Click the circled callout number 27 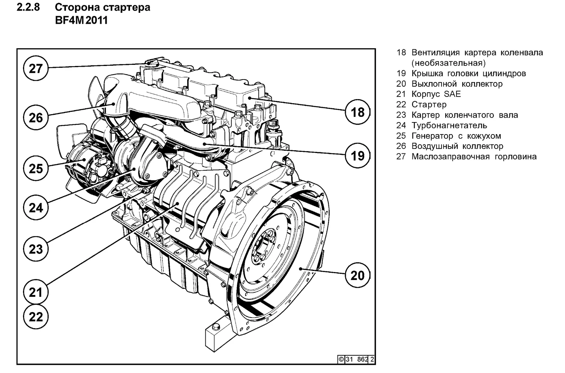[36, 69]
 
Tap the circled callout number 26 [36, 118]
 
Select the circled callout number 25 [36, 168]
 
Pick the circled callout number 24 [36, 207]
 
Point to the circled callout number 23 [36, 249]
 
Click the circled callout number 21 [36, 292]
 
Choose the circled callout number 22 [36, 316]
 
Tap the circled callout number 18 [357, 112]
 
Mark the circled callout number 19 [357, 155]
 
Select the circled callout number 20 [357, 275]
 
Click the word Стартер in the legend [429, 105]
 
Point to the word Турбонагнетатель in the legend [449, 125]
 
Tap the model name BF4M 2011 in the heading [81, 20]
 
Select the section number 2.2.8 [28, 7]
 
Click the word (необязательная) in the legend [449, 63]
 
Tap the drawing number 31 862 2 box [356, 359]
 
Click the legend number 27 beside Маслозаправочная [401, 157]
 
